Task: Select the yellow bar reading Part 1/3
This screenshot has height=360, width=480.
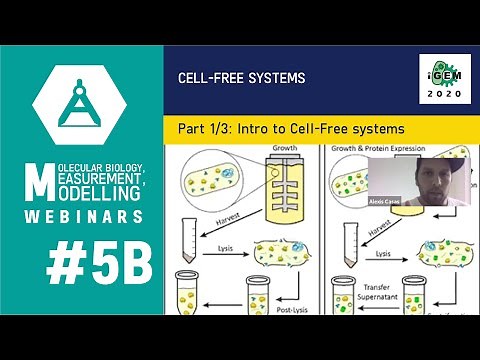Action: (290, 129)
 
